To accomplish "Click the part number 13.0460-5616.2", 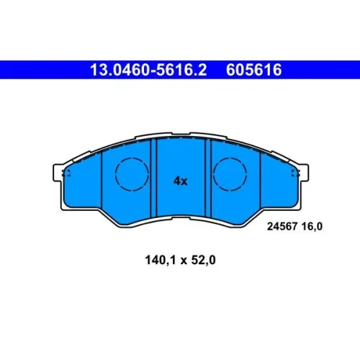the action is pos(148,70).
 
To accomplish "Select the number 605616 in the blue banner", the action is pos(253,70).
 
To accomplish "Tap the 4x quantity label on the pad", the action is pos(181,181).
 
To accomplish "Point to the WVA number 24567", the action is pos(282,226).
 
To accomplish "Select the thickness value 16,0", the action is pos(312,226).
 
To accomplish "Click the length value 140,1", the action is pos(161,260).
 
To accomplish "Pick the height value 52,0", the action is pos(203,260).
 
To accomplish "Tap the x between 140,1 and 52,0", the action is pos(184,261).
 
